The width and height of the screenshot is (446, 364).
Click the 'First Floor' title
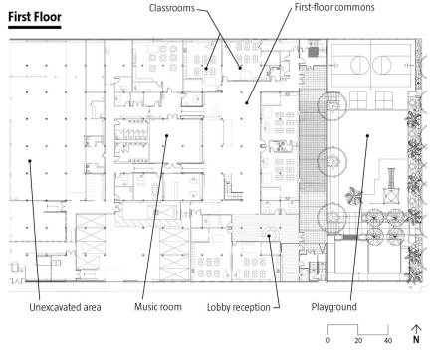coord(35,17)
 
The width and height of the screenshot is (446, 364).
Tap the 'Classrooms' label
coord(172,8)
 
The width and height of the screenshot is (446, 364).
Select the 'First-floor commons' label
coord(334,7)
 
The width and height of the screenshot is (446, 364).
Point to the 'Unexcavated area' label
coord(65,307)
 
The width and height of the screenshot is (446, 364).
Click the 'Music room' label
coord(158,307)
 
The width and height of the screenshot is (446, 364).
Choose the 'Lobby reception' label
coord(239,307)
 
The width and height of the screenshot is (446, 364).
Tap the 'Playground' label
coord(334,307)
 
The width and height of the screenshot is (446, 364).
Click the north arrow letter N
coord(416,339)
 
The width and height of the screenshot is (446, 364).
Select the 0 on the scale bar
coord(328,340)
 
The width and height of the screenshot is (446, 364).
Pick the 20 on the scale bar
coord(358,340)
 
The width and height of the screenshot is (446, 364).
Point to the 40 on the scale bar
coord(388,340)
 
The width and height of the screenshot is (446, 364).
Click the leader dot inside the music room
coord(167,135)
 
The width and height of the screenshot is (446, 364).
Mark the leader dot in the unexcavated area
coord(30,161)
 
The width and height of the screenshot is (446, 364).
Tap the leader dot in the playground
coord(367,135)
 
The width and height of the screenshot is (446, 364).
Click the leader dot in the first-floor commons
coord(247,103)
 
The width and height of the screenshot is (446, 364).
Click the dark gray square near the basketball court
coord(313,52)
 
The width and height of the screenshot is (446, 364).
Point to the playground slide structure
coord(391,187)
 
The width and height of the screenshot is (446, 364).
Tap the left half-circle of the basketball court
coord(359,65)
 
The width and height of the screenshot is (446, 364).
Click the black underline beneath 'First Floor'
coord(35,27)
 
